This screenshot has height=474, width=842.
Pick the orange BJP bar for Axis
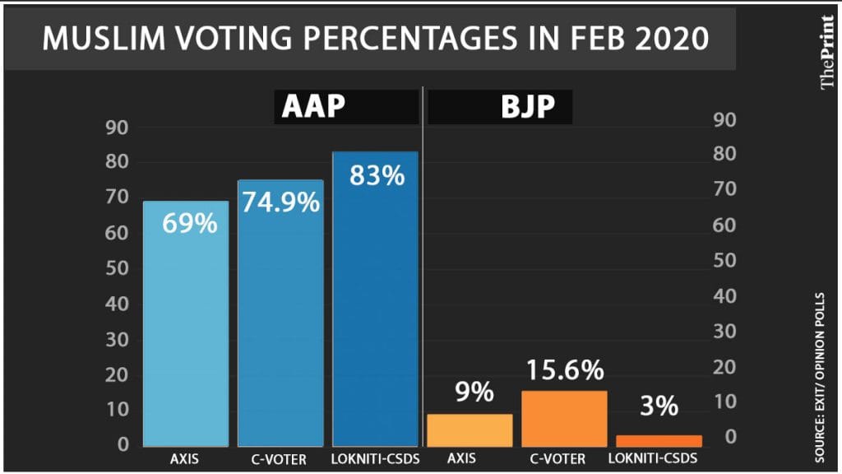coord(470,429)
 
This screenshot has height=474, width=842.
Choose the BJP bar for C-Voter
coord(564,417)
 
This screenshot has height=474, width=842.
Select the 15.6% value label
coord(563,370)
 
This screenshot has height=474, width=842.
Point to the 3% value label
coord(659,406)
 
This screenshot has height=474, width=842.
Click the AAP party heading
coord(315,108)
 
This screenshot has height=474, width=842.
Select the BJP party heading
coord(528,108)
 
